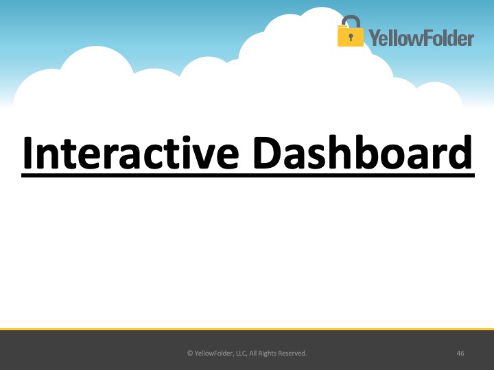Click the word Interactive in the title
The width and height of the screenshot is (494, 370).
click(x=130, y=153)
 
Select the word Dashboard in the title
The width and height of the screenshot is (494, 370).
click(x=362, y=152)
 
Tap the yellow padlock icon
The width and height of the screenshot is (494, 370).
click(x=350, y=31)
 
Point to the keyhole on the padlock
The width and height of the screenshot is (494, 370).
click(x=351, y=38)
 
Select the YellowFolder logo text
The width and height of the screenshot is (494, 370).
click(x=421, y=38)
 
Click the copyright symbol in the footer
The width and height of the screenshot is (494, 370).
click(x=190, y=353)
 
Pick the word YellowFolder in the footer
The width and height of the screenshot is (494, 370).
click(x=214, y=353)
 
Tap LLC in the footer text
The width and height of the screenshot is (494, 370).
click(x=241, y=353)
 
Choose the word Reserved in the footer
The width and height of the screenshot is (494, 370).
click(x=294, y=353)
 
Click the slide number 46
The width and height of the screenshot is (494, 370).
click(x=460, y=353)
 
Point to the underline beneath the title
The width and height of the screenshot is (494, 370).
click(x=248, y=175)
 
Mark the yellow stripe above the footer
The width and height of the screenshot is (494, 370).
click(x=247, y=329)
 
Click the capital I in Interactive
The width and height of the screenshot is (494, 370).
click(x=27, y=153)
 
